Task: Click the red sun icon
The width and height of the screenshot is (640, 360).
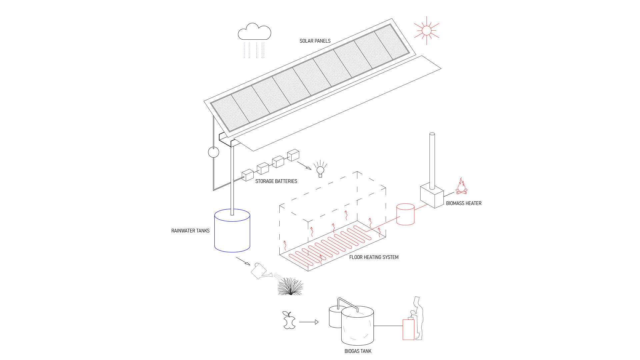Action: click(x=426, y=31)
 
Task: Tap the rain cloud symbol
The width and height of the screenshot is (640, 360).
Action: click(x=254, y=32)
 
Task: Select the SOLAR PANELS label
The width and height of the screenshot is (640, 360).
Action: click(x=315, y=41)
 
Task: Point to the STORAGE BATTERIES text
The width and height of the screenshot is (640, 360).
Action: click(x=276, y=181)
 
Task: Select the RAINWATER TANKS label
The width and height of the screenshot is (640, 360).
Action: click(x=190, y=231)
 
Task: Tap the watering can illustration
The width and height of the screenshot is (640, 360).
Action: click(x=260, y=271)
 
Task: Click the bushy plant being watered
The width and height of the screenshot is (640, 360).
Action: click(x=290, y=287)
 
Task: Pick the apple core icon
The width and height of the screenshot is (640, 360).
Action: click(x=289, y=320)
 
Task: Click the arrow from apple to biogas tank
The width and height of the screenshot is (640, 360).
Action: click(x=309, y=322)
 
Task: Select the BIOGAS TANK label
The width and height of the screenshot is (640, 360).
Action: click(x=358, y=351)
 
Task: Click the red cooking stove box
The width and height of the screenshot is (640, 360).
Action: click(x=408, y=329)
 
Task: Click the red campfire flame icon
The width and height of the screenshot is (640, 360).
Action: click(x=461, y=186)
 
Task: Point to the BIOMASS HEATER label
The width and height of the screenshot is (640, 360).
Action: click(x=464, y=203)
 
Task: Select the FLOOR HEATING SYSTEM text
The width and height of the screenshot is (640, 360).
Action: click(x=374, y=257)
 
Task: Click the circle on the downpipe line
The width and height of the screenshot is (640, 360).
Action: click(x=214, y=152)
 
